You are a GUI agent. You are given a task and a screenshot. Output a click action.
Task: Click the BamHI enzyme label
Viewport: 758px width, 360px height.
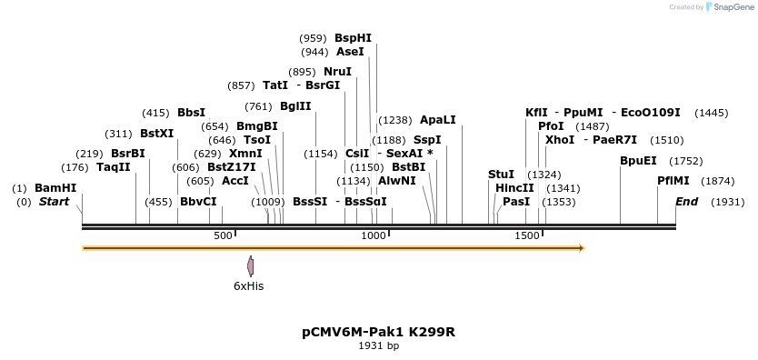coord(55,188)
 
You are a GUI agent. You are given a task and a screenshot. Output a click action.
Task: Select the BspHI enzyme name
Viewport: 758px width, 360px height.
coord(353,38)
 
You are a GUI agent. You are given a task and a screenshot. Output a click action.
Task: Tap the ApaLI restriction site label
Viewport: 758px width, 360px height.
coord(437,119)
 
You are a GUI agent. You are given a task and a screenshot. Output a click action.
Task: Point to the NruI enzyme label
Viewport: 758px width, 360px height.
coord(337,72)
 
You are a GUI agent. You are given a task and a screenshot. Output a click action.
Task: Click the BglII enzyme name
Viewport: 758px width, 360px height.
coord(295,105)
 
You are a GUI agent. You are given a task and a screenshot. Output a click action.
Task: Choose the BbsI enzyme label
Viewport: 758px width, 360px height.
coord(191,113)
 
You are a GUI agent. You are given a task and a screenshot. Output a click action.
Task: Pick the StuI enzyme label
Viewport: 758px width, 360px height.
coord(501,174)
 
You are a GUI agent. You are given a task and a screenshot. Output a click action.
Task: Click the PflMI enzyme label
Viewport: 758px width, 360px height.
coord(674,180)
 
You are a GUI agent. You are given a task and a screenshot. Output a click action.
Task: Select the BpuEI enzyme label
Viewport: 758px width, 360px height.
coord(638,160)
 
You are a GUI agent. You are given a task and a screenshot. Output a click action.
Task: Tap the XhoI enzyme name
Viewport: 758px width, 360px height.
coord(560,140)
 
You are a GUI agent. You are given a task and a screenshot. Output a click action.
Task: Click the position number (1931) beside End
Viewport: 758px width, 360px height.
coord(727,201)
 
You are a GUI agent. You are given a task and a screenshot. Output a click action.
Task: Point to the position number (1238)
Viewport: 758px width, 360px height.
coord(395,119)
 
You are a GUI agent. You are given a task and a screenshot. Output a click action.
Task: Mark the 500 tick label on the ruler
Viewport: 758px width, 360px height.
coord(223,235)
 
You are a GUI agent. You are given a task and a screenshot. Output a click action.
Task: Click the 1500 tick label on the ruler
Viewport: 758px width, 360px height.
coord(527,235)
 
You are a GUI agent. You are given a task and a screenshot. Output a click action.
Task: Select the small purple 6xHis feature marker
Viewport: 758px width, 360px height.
coord(250,265)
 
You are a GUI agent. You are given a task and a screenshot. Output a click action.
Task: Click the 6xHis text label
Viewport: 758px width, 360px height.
coord(249,285)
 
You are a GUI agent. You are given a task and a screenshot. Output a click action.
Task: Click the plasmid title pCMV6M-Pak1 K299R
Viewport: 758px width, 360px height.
coord(378,332)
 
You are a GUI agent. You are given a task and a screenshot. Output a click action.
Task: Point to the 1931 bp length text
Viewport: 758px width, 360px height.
coord(378,345)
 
